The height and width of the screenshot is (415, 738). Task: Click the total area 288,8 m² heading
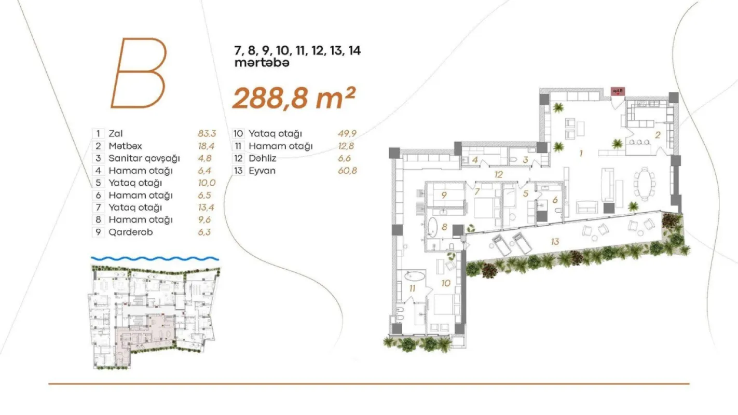click(293, 98)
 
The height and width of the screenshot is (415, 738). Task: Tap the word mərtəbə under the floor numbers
click(261, 63)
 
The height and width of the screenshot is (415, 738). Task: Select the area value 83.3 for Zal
click(207, 133)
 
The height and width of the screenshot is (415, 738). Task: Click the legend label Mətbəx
click(125, 146)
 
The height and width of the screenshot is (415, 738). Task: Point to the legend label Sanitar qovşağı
click(144, 158)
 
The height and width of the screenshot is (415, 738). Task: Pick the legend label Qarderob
click(130, 232)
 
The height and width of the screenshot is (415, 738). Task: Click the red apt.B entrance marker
click(618, 91)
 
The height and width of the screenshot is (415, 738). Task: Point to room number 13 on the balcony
click(555, 241)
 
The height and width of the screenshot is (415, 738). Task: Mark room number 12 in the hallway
click(499, 174)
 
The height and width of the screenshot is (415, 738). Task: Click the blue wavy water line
click(155, 258)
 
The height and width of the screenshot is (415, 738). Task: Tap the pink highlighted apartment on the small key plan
click(148, 335)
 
